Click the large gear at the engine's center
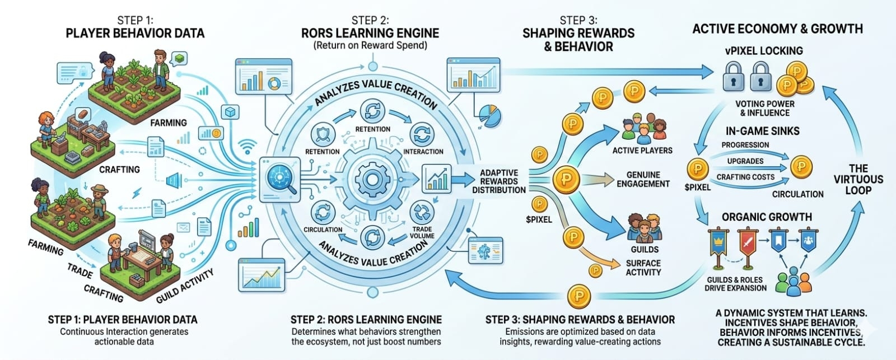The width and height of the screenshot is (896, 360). pos(370,180)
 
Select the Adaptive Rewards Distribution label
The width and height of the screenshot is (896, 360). pos(498,181)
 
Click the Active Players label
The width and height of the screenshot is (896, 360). pos(642,150)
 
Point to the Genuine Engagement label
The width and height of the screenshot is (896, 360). pos(643,179)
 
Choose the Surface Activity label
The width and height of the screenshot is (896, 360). pos(643,268)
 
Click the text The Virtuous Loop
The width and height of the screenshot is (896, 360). pos(858,179)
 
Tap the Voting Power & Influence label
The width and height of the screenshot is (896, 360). pos(764,108)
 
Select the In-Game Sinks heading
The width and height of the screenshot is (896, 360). pos(762,131)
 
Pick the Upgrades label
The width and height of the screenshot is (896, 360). pos(745,161)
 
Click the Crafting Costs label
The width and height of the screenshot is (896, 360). pos(745,177)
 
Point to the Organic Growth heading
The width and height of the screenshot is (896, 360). pos(767,217)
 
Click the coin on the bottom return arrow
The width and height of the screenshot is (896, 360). pos(578,296)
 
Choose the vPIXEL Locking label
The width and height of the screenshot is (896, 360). pos(764,50)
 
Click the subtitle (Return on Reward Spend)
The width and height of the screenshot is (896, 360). pos(370,45)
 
